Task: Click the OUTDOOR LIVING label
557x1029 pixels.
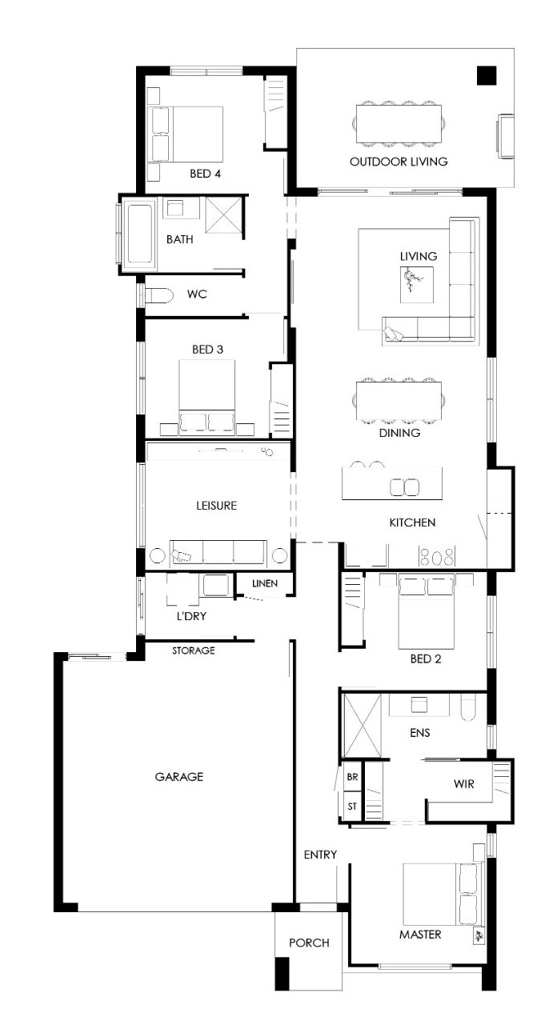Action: click(399, 162)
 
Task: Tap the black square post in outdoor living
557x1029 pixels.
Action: click(487, 76)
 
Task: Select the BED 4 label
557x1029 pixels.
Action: click(205, 174)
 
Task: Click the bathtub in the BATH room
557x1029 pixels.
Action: click(141, 234)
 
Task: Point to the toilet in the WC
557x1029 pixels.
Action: click(158, 295)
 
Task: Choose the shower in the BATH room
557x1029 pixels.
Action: click(224, 215)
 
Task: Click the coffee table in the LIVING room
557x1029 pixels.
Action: click(417, 285)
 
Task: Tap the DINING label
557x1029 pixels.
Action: click(399, 433)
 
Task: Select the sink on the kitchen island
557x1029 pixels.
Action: click(404, 487)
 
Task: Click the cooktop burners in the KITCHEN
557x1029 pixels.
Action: click(437, 557)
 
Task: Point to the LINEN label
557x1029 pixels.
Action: click(265, 583)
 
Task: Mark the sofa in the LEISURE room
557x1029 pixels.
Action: click(218, 553)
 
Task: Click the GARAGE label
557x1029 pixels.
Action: click(178, 777)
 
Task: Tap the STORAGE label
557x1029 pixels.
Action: click(194, 651)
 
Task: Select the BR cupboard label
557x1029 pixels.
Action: click(352, 777)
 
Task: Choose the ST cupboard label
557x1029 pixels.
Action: click(352, 806)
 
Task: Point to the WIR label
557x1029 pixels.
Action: click(463, 784)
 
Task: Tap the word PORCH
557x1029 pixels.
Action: click(309, 943)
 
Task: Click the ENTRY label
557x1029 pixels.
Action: click(320, 855)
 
